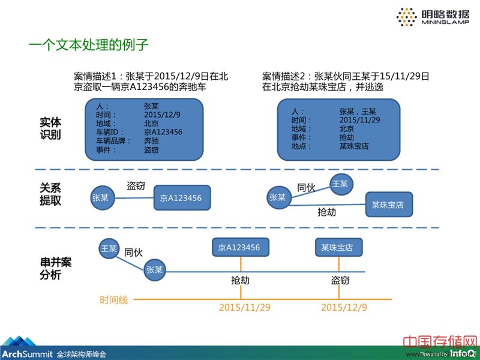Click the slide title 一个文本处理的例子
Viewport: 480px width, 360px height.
click(88, 45)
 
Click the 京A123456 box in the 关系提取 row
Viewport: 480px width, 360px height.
click(181, 197)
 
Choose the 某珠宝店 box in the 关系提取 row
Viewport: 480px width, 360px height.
click(388, 205)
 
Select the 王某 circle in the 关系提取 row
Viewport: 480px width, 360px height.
click(340, 184)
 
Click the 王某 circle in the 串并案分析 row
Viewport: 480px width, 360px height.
click(109, 248)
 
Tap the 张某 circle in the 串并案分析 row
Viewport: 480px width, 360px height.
click(154, 270)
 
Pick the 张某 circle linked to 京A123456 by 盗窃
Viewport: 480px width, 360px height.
click(100, 197)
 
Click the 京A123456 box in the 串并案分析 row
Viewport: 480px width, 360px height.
click(239, 247)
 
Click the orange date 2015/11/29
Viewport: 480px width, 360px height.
click(244, 307)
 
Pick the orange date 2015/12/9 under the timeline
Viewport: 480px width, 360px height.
click(344, 307)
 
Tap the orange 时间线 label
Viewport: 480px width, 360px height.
click(114, 299)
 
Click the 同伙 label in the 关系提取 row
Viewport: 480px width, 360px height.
click(306, 187)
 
